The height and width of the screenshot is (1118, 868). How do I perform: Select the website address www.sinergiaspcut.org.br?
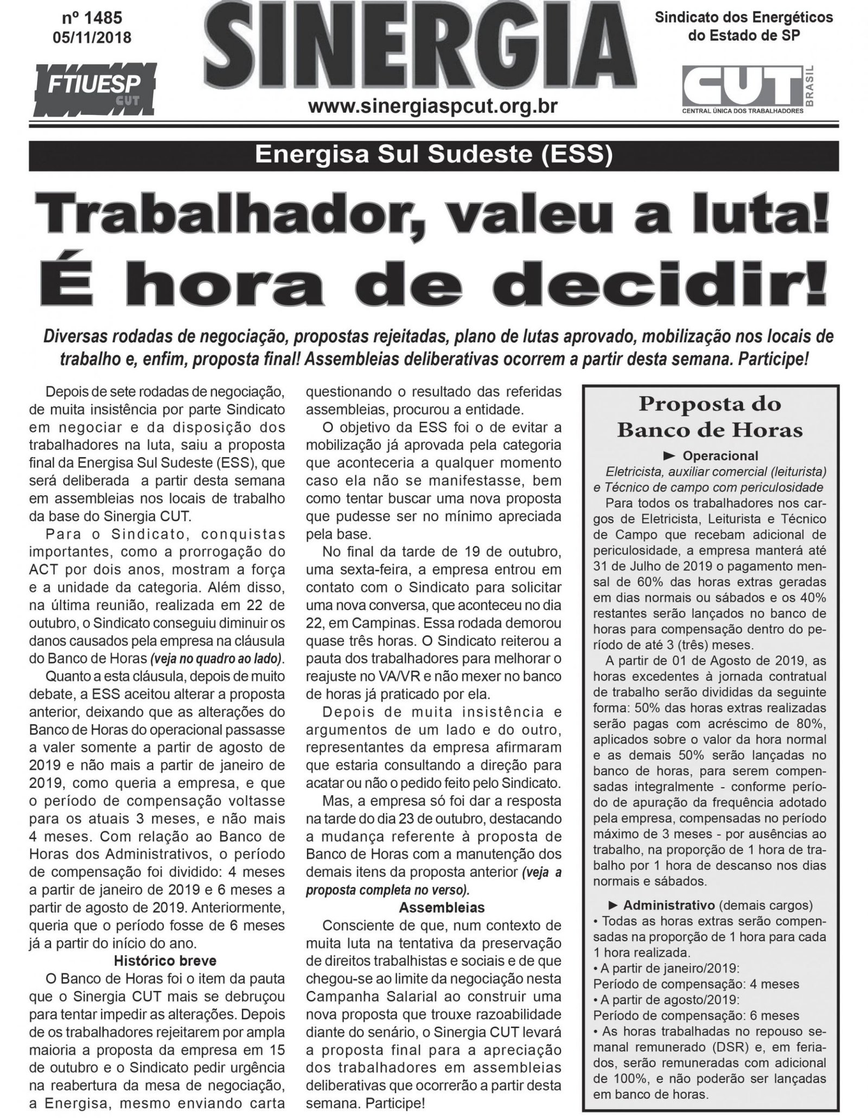point(432,105)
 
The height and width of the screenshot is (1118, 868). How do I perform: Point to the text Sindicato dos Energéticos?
point(744,17)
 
